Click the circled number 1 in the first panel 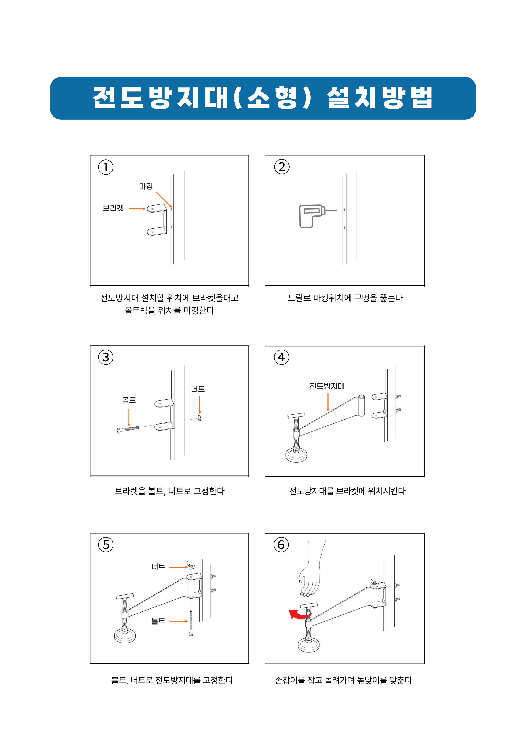pyautogui.click(x=106, y=167)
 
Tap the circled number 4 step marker pyautogui.click(x=281, y=357)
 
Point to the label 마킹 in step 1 pyautogui.click(x=146, y=186)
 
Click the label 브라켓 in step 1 pyautogui.click(x=113, y=208)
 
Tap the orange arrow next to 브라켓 pyautogui.click(x=137, y=209)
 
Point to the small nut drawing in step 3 pyautogui.click(x=199, y=418)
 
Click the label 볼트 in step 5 pyautogui.click(x=158, y=621)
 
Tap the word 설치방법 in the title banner pyautogui.click(x=380, y=98)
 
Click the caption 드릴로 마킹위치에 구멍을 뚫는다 pyautogui.click(x=345, y=298)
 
